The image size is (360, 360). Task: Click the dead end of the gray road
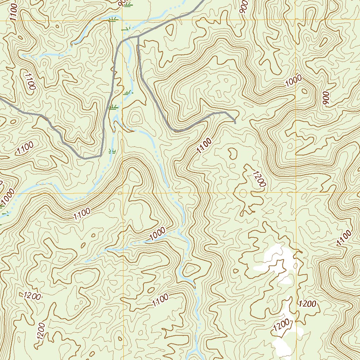click(x=235, y=123)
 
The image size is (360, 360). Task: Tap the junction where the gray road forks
click(x=138, y=36)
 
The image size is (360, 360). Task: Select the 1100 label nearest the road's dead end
click(x=204, y=146)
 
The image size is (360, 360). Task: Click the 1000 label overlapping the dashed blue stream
click(x=157, y=234)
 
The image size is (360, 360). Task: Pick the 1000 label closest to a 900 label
click(x=294, y=82)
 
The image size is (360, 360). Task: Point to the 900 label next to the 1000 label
click(x=326, y=99)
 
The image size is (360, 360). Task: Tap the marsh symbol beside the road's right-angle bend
click(x=112, y=151)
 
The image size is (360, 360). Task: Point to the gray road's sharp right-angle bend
click(x=101, y=155)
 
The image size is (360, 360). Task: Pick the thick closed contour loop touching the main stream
click(x=190, y=270)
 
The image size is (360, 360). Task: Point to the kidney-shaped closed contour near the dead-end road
click(x=232, y=153)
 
